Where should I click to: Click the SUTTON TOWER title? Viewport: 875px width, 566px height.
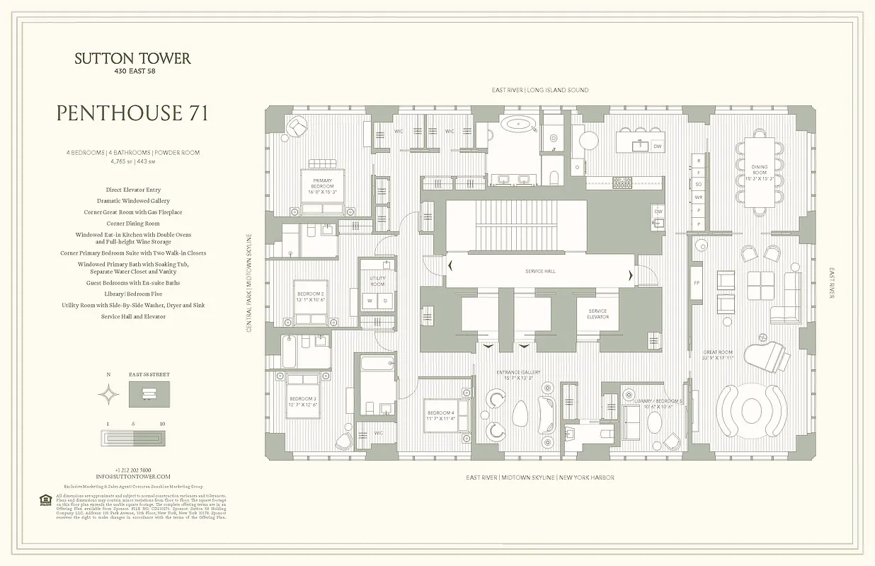132,59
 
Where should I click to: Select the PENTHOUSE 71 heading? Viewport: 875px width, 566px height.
132,113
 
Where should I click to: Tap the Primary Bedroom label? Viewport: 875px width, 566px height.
322,185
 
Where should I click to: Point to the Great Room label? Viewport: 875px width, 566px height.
718,355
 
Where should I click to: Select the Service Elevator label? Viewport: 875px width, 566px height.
598,313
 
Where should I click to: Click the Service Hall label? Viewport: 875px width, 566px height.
540,272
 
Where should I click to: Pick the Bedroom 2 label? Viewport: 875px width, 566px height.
310,296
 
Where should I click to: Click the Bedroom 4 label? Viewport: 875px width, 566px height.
440,416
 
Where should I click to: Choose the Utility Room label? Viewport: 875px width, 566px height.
377,281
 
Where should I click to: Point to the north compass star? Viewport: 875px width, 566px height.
109,394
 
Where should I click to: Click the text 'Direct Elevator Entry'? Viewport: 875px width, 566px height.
132,190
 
